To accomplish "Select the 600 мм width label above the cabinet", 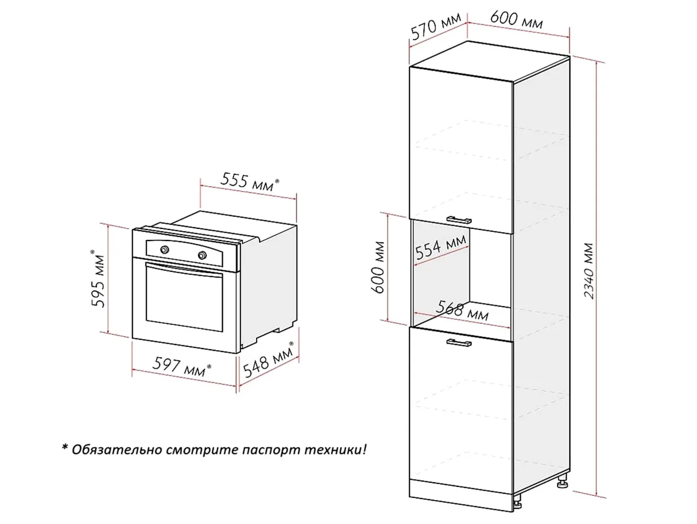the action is (x=517, y=20).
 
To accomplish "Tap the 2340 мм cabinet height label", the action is (x=589, y=271).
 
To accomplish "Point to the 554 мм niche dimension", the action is (x=441, y=247).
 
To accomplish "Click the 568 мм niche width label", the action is (x=462, y=311).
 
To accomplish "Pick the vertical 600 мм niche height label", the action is (x=378, y=267).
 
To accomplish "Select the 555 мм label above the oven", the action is (x=250, y=182).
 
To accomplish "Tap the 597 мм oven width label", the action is (x=182, y=367).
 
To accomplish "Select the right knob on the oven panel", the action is (x=202, y=254).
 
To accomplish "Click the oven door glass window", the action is (x=184, y=297).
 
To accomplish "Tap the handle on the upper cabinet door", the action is (x=458, y=219).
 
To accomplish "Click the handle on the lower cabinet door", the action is (x=458, y=343).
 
